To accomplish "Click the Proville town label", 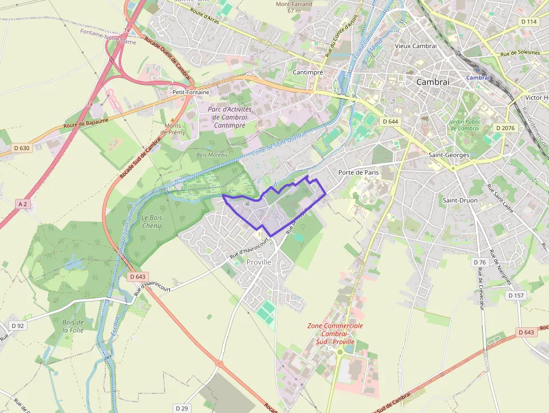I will (x=258, y=262).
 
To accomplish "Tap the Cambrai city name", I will (x=432, y=82).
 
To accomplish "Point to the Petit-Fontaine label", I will (x=191, y=92).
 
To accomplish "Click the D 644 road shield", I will (x=390, y=122).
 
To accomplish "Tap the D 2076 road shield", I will (x=505, y=128).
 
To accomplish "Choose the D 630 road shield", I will (x=21, y=149).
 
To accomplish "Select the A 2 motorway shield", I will (x=22, y=204).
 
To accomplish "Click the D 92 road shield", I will (x=17, y=326).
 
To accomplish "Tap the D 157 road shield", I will (x=517, y=295).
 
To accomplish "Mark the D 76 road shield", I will (x=480, y=262).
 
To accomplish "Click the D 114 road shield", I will (x=528, y=21).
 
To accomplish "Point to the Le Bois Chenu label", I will (x=151, y=221).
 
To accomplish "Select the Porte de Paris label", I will (x=359, y=173).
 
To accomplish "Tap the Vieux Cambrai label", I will (x=415, y=46).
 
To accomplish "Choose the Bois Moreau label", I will (x=208, y=154).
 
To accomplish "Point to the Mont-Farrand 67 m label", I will (x=295, y=7).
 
